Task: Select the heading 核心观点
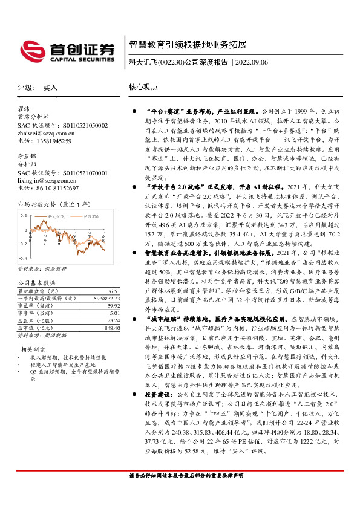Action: (x=143, y=88)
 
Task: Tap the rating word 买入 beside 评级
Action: (x=51, y=88)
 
